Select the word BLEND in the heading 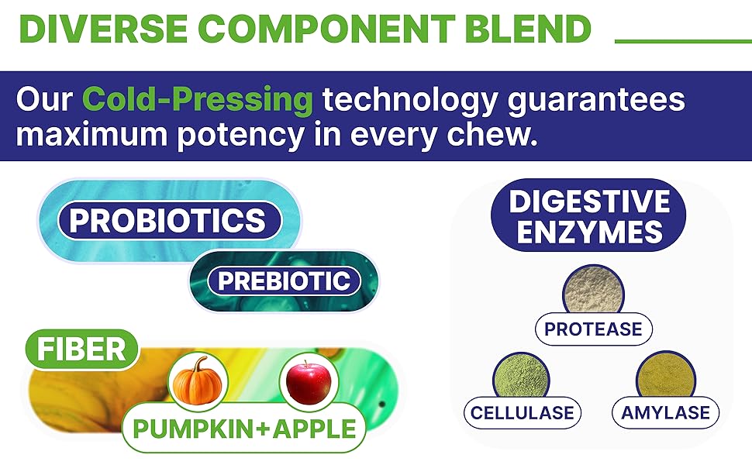(528, 28)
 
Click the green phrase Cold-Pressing (198, 99)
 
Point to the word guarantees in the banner (596, 102)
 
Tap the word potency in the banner (241, 136)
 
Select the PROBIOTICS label (169, 221)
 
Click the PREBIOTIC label (285, 281)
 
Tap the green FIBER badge (81, 349)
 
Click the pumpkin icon (198, 381)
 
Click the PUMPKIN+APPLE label (244, 428)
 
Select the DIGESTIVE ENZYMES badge (588, 215)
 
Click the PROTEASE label (594, 329)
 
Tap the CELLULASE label (523, 413)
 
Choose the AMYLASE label (666, 413)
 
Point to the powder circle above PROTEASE (594, 290)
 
